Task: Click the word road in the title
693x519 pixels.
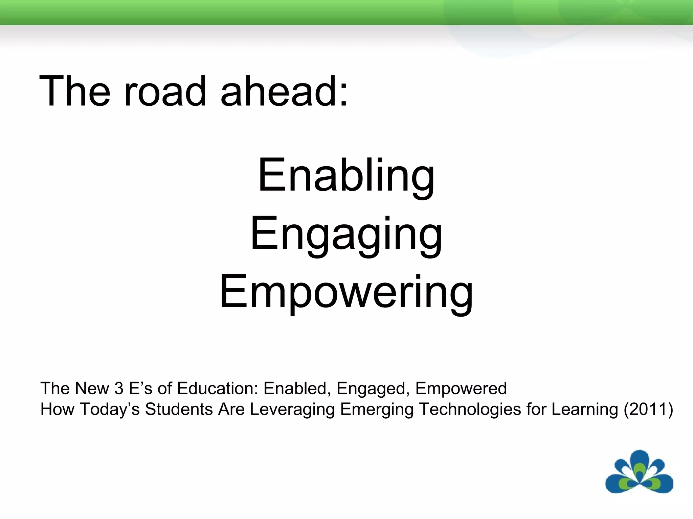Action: [x=165, y=92]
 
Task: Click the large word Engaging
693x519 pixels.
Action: [x=346, y=235]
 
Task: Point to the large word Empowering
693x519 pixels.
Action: [x=346, y=292]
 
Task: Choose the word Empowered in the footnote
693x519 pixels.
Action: [x=461, y=388]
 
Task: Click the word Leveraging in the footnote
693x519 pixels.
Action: [x=292, y=409]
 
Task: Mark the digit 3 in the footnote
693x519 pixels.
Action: [x=119, y=388]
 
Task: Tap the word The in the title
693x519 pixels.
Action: [x=75, y=92]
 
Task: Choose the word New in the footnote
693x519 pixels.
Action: [x=92, y=388]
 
